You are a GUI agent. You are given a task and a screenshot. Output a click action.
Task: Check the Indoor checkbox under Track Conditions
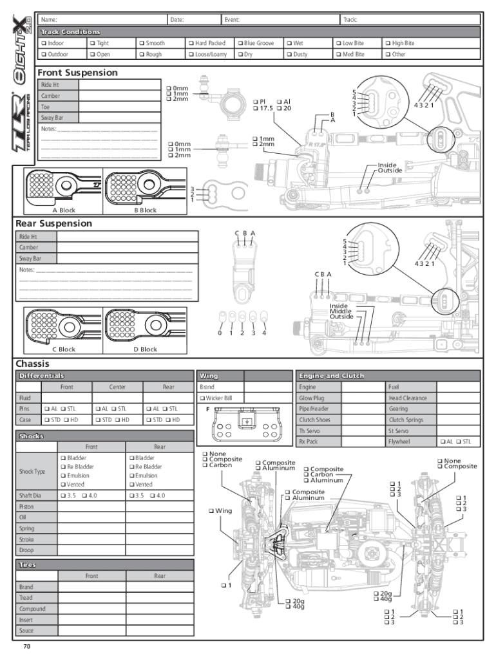tap(44, 43)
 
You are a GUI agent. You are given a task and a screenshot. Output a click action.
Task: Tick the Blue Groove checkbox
tap(241, 43)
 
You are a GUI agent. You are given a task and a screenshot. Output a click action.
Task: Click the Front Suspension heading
tap(78, 73)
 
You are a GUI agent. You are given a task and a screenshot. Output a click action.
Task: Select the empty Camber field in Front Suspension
tap(120, 96)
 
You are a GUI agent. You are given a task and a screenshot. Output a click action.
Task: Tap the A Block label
tap(64, 210)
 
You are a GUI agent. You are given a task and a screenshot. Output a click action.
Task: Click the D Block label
tap(145, 349)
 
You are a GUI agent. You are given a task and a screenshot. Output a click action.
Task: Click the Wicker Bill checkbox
tap(202, 398)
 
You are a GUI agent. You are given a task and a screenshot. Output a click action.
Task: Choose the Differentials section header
tap(42, 376)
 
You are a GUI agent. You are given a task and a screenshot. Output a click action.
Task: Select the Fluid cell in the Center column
tap(118, 398)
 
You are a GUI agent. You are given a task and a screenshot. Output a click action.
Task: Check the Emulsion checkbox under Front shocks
tap(63, 476)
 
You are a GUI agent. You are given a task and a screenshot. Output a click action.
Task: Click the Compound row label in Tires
tap(32, 609)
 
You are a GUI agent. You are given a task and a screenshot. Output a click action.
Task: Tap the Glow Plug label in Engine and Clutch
tap(311, 398)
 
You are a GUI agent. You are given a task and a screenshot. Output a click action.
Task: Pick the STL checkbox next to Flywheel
tap(459, 441)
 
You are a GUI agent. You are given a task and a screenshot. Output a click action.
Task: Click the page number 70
tap(27, 647)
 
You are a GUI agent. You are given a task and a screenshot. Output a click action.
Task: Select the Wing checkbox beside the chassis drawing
tap(211, 511)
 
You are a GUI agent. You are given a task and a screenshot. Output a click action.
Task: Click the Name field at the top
tap(103, 19)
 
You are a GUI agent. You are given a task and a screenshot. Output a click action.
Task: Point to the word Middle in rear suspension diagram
tap(340, 311)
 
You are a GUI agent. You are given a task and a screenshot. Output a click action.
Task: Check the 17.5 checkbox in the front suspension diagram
tap(255, 108)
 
